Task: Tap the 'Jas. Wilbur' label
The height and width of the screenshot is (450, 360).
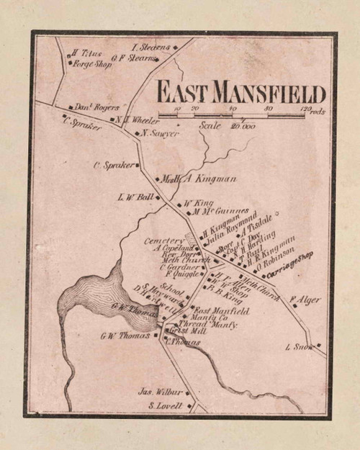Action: coord(161,392)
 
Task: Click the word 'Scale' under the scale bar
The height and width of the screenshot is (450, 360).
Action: coord(210,125)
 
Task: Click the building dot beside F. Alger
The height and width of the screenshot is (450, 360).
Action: coord(294,305)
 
